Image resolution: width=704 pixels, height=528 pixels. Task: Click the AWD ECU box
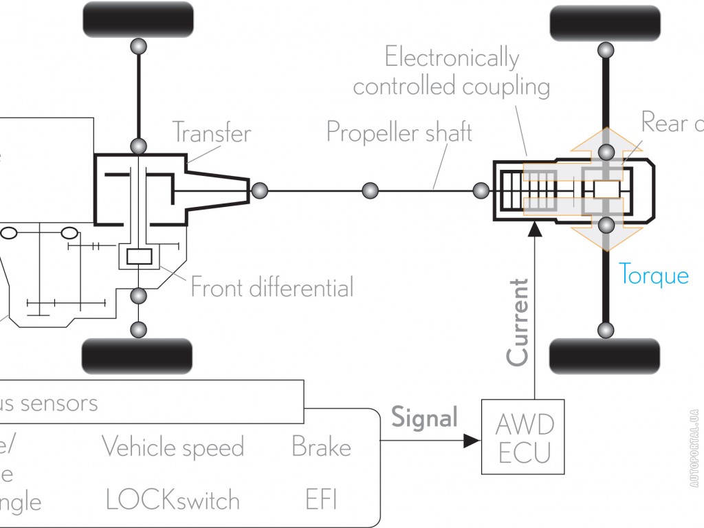coord(524,437)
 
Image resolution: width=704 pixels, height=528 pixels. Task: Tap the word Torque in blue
coord(653,275)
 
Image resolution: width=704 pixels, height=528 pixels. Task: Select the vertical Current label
coord(517,322)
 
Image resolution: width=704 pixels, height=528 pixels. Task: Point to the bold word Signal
coord(424,417)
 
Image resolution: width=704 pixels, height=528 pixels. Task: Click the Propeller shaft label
coord(399,131)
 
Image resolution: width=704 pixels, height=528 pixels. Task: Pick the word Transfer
coord(212,132)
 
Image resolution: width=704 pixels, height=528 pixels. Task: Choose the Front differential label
coord(272,287)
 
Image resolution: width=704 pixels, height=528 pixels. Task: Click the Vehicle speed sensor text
coord(173,448)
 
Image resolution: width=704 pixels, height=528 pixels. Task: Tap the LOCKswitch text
coord(173,500)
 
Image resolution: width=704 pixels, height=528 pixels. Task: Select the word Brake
coord(321,448)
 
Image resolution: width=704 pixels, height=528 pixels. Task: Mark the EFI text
coord(321,500)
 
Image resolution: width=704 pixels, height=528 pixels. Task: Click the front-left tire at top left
coord(137,20)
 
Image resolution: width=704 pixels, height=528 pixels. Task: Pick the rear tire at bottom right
coord(605,356)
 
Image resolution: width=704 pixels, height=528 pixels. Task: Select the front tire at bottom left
coord(137,356)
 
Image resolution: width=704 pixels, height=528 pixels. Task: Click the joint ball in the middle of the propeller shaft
coord(370,190)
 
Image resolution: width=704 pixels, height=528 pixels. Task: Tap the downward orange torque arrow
coord(605,241)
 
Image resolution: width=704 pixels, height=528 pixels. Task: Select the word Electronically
coord(452,58)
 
